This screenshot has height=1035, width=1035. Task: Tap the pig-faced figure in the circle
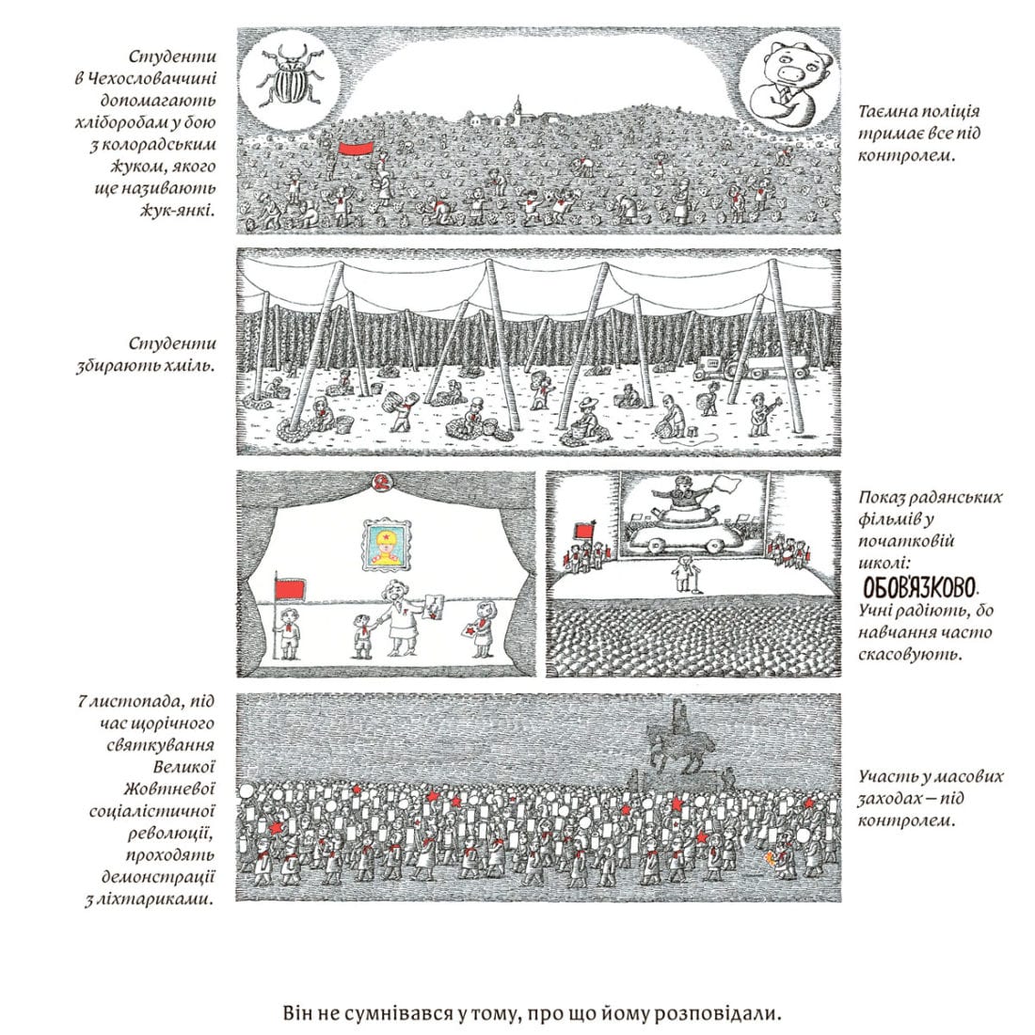(x=788, y=81)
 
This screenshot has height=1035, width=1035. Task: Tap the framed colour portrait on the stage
(x=387, y=544)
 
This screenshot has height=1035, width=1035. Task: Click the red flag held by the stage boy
(x=291, y=589)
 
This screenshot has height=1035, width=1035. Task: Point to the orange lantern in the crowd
(x=770, y=858)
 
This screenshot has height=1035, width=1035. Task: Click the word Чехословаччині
(x=145, y=78)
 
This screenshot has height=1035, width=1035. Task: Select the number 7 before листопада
(x=83, y=701)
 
